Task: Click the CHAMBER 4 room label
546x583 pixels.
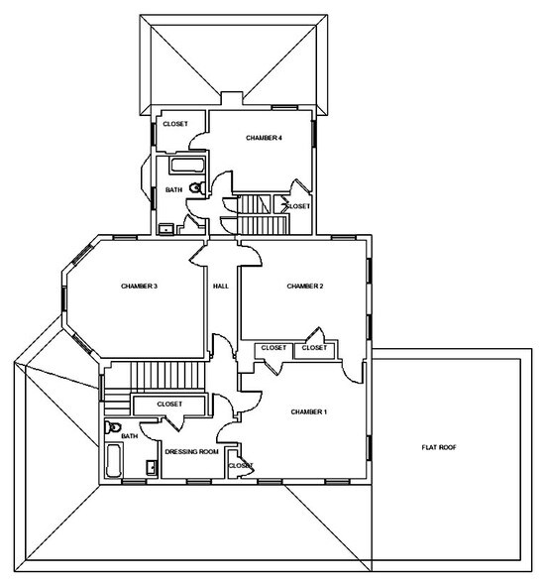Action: click(x=265, y=138)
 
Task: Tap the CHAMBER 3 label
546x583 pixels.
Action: click(x=140, y=287)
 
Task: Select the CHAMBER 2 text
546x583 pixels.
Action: click(x=306, y=287)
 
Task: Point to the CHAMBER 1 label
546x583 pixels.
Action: click(x=308, y=410)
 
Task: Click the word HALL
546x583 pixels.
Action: click(x=221, y=287)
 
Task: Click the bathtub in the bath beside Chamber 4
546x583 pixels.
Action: click(x=186, y=166)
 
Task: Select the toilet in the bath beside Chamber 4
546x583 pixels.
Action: click(x=195, y=186)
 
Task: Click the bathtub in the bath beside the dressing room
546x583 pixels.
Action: click(x=113, y=461)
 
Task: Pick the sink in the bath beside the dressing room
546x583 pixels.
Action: click(x=150, y=467)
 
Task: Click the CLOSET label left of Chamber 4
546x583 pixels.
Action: click(x=175, y=124)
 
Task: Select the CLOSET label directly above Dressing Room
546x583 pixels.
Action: click(x=169, y=405)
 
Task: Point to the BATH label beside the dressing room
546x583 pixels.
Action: click(x=130, y=436)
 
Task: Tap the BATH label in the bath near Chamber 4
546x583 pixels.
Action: click(x=173, y=188)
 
